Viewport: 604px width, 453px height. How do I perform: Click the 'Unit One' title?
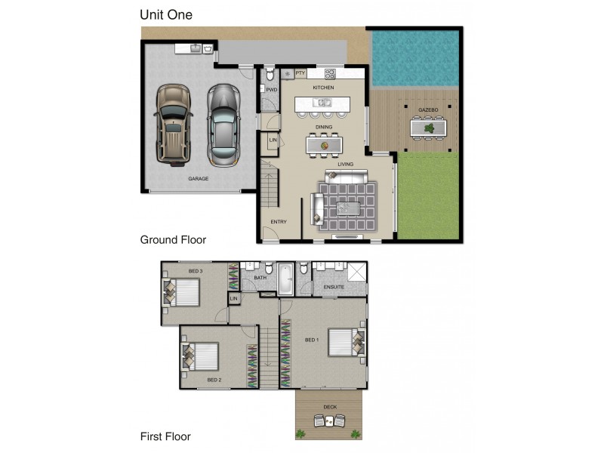tap(165, 14)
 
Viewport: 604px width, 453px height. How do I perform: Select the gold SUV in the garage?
tap(172, 124)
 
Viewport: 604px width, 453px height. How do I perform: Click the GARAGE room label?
tap(198, 179)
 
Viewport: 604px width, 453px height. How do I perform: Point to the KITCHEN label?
tap(323, 88)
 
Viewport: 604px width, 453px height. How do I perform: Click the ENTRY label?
tap(279, 221)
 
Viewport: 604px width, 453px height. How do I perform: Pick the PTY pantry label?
tap(300, 73)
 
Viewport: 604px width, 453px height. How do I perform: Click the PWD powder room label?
tap(272, 89)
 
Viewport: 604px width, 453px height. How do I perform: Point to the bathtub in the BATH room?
tap(285, 279)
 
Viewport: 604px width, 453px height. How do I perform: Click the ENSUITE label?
tap(334, 287)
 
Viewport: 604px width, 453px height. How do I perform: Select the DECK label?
tap(330, 407)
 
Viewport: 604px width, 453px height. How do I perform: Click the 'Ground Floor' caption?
tap(173, 239)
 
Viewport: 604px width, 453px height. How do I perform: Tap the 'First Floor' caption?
tap(165, 436)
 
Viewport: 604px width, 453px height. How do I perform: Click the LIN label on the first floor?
tap(233, 300)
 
